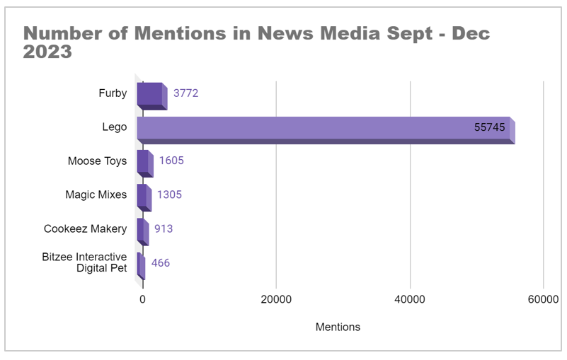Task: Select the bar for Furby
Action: pyautogui.click(x=151, y=95)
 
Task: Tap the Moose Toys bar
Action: pyautogui.click(x=144, y=162)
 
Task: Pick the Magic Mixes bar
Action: pyautogui.click(x=143, y=196)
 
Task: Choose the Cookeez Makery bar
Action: pyautogui.click(x=142, y=230)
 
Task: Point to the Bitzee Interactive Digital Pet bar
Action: pyautogui.click(x=140, y=265)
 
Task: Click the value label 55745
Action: pyautogui.click(x=490, y=128)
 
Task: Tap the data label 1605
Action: pyautogui.click(x=171, y=161)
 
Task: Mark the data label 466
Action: pyautogui.click(x=161, y=263)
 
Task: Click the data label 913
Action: pyautogui.click(x=164, y=228)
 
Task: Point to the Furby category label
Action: pyautogui.click(x=113, y=93)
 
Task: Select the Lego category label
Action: pyautogui.click(x=115, y=127)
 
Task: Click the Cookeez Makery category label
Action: pyautogui.click(x=86, y=228)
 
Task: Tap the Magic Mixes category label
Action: pyautogui.click(x=96, y=194)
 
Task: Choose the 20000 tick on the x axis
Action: pyautogui.click(x=276, y=300)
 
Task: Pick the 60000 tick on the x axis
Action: pyautogui.click(x=543, y=300)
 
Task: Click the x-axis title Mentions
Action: pyautogui.click(x=338, y=327)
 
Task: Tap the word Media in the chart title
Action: pyautogui.click(x=298, y=33)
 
